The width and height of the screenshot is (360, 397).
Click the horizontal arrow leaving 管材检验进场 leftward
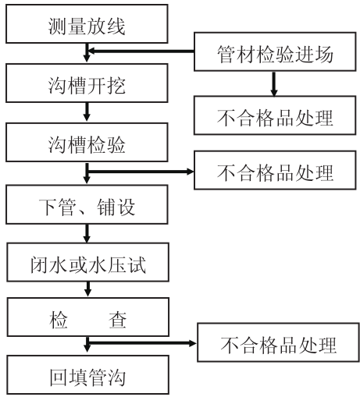click(x=141, y=51)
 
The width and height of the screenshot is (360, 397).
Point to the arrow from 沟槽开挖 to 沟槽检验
click(x=87, y=112)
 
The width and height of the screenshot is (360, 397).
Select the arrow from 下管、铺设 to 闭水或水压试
click(x=87, y=233)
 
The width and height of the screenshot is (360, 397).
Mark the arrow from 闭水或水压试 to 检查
click(x=88, y=289)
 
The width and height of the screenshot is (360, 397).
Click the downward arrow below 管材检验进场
click(x=273, y=83)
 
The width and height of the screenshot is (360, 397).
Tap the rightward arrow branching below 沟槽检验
click(x=141, y=172)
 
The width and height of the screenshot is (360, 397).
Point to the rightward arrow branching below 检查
click(x=142, y=343)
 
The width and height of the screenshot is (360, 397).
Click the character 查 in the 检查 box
click(x=117, y=320)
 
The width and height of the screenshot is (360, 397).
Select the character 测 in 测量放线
click(x=57, y=27)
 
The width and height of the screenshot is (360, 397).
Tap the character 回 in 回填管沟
click(x=59, y=378)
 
